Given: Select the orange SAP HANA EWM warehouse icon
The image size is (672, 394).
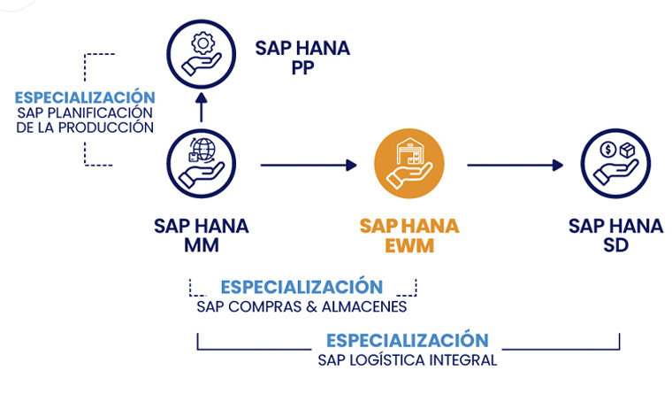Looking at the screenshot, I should click(x=409, y=164).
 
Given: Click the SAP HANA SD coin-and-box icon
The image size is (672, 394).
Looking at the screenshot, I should click(x=615, y=164).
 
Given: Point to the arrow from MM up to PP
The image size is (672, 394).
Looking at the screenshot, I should click(x=201, y=109).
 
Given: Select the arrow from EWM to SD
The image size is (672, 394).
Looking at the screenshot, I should click(x=514, y=165).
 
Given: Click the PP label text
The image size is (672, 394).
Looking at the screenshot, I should click(x=302, y=69).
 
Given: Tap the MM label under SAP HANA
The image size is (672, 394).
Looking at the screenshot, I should click(x=201, y=246).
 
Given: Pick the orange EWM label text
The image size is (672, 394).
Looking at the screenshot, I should click(x=409, y=246).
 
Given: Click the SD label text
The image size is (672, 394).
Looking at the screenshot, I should click(x=615, y=246).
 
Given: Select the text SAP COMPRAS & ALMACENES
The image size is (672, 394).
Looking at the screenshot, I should click(x=302, y=307).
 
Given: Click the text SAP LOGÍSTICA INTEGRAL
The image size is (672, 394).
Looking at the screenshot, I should click(x=408, y=360).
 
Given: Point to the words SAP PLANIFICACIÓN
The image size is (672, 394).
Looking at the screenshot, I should click(x=85, y=112).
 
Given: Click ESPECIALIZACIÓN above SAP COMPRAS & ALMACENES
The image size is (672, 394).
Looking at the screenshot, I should click(x=302, y=288).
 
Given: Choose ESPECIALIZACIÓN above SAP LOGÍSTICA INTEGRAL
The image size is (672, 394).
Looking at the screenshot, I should click(x=408, y=341).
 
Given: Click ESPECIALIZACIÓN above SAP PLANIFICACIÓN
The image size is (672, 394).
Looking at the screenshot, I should click(x=85, y=97).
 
